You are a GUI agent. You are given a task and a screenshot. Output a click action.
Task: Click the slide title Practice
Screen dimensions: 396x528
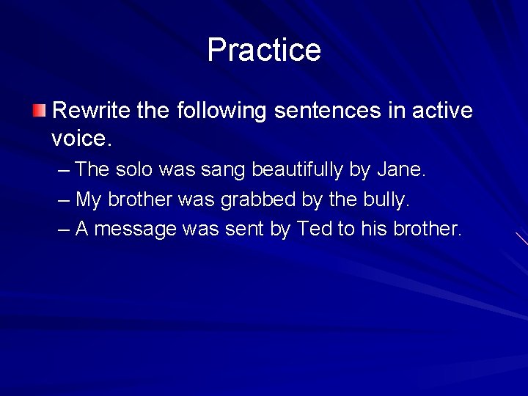tap(264, 50)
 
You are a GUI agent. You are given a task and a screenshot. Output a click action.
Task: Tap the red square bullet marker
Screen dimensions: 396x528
tap(39, 111)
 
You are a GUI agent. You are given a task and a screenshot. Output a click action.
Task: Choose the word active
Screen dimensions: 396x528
tap(441, 111)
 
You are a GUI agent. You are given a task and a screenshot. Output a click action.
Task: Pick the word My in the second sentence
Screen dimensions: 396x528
tap(88, 199)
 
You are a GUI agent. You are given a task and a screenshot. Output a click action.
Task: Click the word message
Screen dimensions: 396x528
tap(136, 229)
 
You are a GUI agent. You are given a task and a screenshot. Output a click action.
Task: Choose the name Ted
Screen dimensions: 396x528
tap(315, 229)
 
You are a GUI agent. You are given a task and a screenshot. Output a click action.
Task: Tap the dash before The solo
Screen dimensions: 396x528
tap(63, 170)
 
